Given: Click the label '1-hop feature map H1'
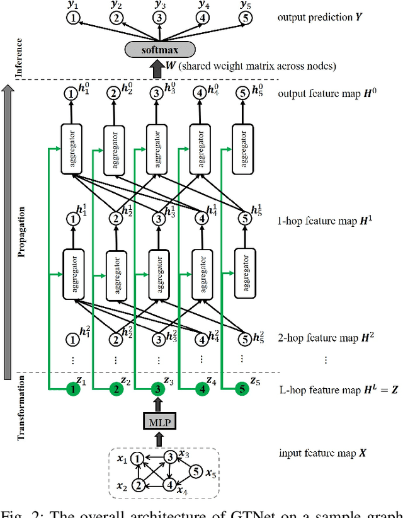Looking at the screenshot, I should (317, 221).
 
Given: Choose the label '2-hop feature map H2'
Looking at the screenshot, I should (317, 338).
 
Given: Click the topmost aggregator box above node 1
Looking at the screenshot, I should (73, 149).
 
